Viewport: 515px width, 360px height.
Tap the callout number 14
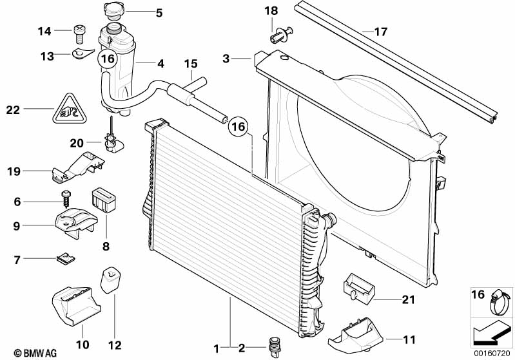click(x=44, y=30)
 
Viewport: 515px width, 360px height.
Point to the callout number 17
click(x=381, y=30)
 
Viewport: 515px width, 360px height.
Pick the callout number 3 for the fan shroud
click(x=226, y=59)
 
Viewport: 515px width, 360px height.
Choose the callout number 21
click(x=407, y=299)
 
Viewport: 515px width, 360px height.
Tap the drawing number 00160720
click(x=493, y=353)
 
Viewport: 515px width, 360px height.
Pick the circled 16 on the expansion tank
click(x=107, y=59)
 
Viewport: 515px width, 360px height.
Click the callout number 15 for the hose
click(x=190, y=64)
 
